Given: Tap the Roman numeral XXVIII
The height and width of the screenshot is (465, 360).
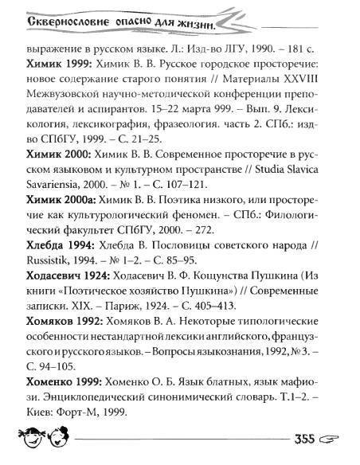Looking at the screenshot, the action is tap(329, 78).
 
